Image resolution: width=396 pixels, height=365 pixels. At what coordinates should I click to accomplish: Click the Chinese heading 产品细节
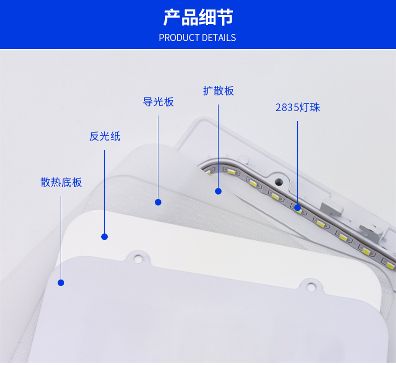[x=198, y=17]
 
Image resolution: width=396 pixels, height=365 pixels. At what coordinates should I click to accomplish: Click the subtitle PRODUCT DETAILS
[x=197, y=38]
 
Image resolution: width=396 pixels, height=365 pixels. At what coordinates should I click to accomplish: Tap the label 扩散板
[x=219, y=91]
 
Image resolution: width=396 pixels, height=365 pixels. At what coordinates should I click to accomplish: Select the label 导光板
[x=158, y=102]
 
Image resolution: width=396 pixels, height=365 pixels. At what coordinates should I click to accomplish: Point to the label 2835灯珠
[x=298, y=107]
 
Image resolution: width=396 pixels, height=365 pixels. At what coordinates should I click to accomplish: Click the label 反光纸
[x=105, y=136]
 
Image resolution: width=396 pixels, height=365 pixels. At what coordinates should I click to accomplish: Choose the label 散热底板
[x=61, y=182]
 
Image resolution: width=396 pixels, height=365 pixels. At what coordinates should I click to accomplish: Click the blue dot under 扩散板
[x=218, y=191]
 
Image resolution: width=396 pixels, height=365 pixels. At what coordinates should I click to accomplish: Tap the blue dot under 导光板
[x=158, y=202]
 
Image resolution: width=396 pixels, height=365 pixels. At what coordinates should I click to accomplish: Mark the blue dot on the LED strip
[x=298, y=207]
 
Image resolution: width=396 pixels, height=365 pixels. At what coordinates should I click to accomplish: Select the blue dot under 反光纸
[x=105, y=236]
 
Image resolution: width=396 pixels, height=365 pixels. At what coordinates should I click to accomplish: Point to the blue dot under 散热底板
[x=61, y=282]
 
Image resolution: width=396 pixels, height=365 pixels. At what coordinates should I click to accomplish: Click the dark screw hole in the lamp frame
[x=279, y=181]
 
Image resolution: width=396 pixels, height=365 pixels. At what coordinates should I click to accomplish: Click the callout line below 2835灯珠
[x=298, y=162]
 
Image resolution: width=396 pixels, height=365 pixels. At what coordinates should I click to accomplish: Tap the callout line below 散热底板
[x=61, y=238]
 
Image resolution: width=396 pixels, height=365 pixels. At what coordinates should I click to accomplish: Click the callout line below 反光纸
[x=105, y=191]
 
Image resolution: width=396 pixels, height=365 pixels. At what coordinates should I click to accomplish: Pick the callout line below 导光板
[x=158, y=157]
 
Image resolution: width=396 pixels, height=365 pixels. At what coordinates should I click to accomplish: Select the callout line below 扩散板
[x=218, y=146]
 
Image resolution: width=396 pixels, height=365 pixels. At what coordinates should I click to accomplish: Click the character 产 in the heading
[x=172, y=17]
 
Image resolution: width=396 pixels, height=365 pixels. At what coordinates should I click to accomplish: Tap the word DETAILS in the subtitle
[x=219, y=38]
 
